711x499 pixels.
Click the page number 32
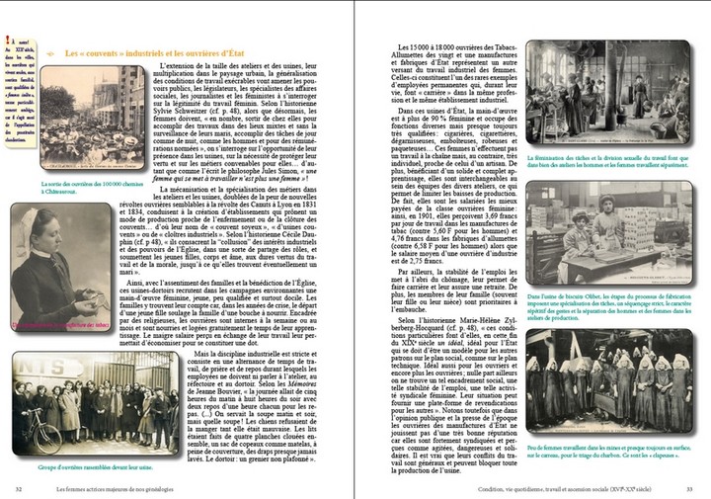click(x=19, y=488)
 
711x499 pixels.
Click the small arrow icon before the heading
click(x=50, y=52)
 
